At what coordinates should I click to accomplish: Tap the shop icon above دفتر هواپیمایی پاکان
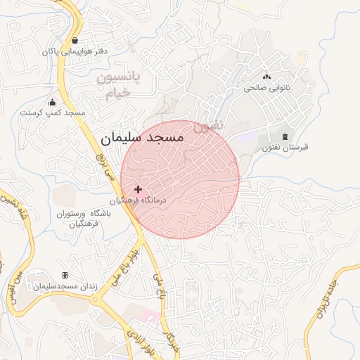coord(75,40)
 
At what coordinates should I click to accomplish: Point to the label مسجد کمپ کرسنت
coord(52,112)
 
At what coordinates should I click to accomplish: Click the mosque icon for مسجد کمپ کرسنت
coord(52,103)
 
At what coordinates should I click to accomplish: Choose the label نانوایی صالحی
coord(266,89)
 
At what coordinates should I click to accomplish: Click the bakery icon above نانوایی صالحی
coord(266,77)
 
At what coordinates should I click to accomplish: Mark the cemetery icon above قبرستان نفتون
coord(285,136)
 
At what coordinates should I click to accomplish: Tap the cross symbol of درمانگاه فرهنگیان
coord(138,189)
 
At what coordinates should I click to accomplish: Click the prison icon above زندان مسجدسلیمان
coord(65,275)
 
